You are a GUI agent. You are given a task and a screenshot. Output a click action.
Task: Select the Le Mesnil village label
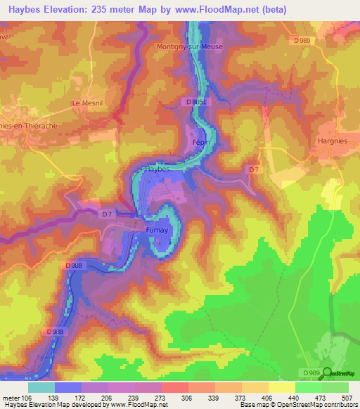[x=86, y=103]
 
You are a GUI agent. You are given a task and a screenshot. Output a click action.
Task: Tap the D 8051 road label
[x=198, y=102]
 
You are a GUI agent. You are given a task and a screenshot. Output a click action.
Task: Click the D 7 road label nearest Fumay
[x=106, y=214]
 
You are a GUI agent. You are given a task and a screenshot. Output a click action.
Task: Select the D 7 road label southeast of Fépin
[x=255, y=169]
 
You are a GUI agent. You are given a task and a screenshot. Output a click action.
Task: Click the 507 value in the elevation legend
[x=348, y=397]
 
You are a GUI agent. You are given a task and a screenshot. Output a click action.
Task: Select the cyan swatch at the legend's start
[x=42, y=387]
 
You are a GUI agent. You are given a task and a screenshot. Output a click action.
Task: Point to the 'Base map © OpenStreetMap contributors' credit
[x=299, y=405]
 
